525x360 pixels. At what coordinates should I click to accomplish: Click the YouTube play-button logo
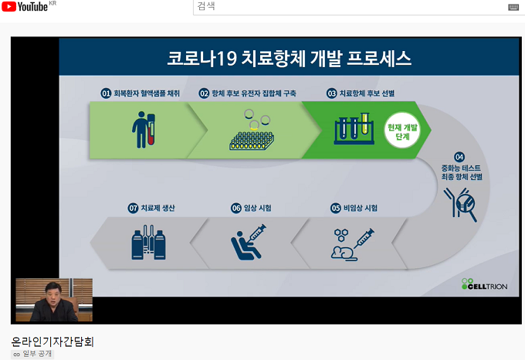click(8, 6)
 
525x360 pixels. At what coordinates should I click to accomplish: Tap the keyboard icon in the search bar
click(513, 8)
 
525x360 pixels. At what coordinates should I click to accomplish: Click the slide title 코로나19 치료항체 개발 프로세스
click(289, 58)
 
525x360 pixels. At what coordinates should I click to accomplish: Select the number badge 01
click(106, 93)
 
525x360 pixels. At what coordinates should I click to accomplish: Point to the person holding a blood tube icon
click(144, 130)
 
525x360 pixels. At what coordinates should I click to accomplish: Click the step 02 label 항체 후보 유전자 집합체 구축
click(254, 93)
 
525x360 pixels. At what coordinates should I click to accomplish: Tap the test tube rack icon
click(354, 128)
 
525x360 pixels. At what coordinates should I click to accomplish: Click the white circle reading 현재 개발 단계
click(402, 131)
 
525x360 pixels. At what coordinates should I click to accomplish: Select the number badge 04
click(459, 157)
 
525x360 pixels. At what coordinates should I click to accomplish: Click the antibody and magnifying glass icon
click(460, 205)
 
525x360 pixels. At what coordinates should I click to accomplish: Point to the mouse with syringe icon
click(352, 244)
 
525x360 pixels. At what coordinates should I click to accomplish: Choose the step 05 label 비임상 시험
click(361, 208)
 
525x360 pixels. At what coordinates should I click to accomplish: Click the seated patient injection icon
click(249, 242)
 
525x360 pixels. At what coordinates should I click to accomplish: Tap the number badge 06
click(236, 209)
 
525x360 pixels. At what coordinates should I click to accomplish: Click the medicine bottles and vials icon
click(148, 242)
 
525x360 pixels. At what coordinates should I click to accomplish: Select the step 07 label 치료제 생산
click(157, 208)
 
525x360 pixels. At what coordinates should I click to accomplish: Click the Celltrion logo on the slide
click(484, 284)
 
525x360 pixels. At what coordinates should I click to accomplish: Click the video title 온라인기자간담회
click(52, 341)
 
